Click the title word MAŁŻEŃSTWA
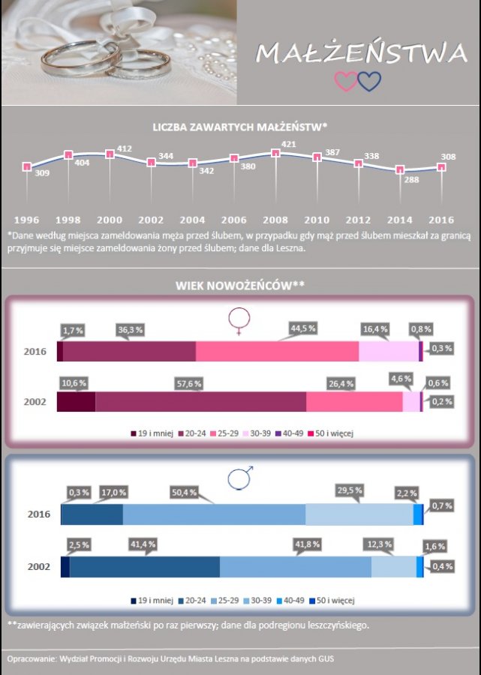361,53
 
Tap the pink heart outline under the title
345,81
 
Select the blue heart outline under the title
369,81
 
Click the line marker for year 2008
275,153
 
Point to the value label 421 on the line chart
288,144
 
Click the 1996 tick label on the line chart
27,220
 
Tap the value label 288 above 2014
412,180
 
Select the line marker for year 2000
110,154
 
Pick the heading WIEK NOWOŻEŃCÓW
240,286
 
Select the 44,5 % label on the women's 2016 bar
302,328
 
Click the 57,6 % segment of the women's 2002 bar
200,401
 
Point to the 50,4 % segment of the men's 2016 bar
214,514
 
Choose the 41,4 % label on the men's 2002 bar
142,544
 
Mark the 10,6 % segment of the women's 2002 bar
76,401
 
